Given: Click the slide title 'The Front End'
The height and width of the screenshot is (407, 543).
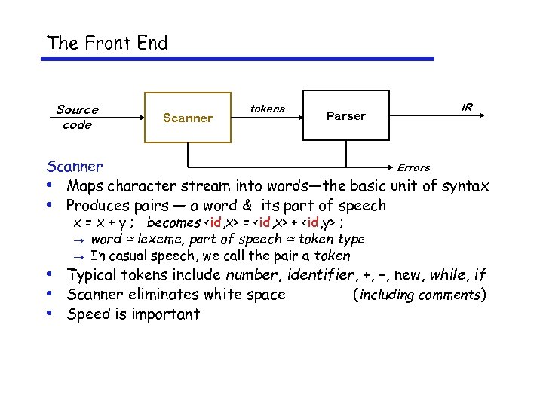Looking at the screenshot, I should pos(107,43).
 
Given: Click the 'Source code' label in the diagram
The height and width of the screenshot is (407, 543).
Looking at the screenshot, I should pos(77,117).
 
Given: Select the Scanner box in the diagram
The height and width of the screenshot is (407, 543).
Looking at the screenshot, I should pos(188,117).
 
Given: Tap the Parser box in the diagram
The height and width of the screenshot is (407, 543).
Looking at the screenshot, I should pos(345,115).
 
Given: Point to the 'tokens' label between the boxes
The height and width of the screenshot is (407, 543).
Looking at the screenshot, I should pos(267,109).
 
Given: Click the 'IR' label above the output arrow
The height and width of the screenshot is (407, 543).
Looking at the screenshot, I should pos(467,107).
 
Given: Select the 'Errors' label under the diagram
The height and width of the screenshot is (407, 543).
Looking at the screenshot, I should pos(413,167).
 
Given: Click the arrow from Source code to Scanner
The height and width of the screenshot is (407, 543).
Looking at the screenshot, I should pos(124,117).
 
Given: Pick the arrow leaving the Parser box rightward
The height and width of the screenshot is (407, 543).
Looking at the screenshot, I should pos(438,117).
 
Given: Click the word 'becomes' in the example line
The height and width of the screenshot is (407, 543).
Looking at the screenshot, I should pos(173,222).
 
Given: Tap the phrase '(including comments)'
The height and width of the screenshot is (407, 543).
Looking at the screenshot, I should pos(419,295).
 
